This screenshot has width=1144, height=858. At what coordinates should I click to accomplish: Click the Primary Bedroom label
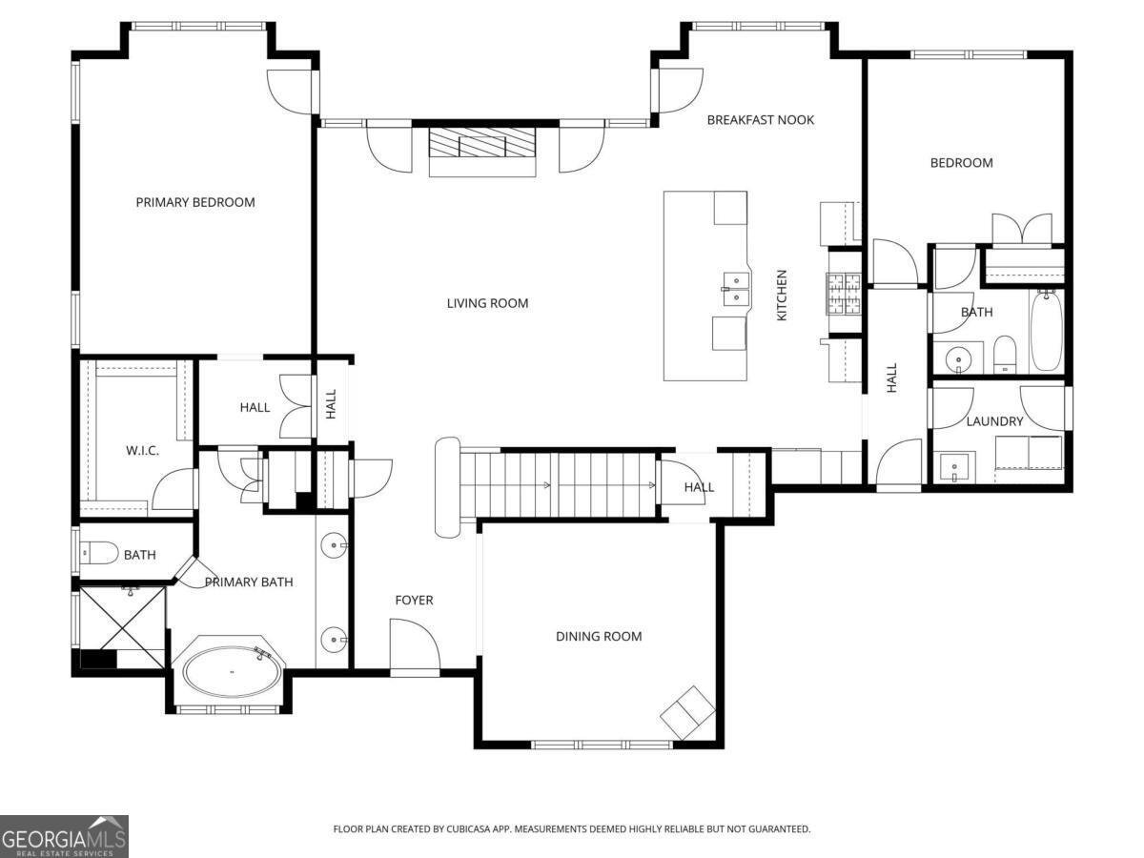195,202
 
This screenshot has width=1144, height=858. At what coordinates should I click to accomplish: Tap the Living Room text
487,303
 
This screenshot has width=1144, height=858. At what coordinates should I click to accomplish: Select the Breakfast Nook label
760,120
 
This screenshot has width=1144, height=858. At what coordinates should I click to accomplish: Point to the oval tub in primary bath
232,672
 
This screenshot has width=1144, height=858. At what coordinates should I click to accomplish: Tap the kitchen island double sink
734,286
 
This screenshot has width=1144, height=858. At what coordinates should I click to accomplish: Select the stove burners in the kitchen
844,294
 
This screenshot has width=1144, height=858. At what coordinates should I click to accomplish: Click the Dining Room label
599,636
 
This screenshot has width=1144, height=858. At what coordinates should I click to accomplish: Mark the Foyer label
414,600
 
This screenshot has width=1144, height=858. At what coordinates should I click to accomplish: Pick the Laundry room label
994,421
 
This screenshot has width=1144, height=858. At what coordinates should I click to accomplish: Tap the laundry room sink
954,468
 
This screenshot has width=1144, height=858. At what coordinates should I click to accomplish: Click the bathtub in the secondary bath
1045,331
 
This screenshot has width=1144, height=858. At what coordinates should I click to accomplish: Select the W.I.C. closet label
143,450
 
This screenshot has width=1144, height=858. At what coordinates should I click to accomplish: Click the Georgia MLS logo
64,836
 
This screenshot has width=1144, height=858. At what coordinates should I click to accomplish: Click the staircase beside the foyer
558,484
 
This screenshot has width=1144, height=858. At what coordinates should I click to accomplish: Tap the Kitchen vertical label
782,295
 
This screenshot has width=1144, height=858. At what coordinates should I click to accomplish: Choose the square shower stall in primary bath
122,620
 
